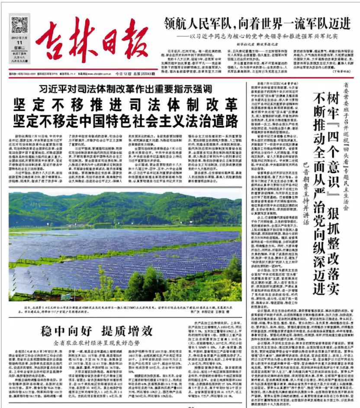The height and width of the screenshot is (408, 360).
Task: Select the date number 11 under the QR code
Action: (x=19, y=49)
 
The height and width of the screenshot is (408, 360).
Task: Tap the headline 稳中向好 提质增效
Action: (x=96, y=332)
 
